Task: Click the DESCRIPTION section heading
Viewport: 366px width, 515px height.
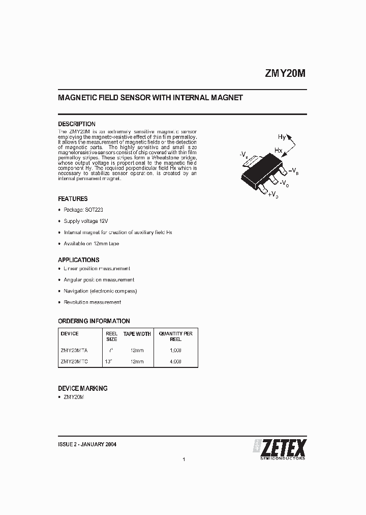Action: [77, 124]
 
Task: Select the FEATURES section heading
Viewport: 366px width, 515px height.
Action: [73, 199]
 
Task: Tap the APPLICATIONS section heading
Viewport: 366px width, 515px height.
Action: [78, 260]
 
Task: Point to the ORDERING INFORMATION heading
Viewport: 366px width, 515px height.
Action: [94, 321]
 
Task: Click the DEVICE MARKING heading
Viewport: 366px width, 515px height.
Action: [83, 388]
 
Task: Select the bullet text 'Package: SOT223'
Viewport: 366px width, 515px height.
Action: [83, 210]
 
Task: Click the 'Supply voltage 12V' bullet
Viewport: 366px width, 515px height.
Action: [86, 221]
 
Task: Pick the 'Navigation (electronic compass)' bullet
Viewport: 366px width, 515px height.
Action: [100, 291]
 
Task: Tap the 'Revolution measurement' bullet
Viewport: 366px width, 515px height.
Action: [92, 302]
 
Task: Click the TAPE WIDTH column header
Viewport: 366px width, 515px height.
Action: [137, 334]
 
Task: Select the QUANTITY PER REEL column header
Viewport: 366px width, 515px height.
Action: [175, 337]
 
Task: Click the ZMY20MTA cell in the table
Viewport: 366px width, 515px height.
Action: [74, 351]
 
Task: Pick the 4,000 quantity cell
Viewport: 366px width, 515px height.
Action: [175, 362]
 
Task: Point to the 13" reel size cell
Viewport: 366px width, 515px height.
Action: [108, 362]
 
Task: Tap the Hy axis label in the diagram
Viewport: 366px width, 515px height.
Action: [282, 137]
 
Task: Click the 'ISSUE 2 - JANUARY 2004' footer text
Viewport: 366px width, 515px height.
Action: [87, 444]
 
